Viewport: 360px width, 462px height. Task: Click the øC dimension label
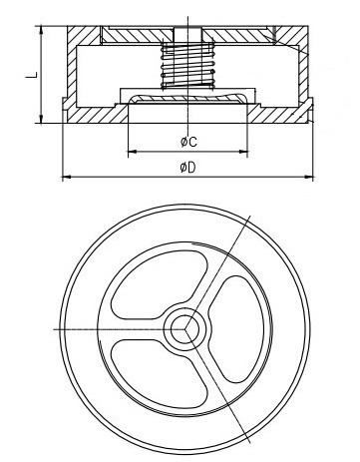point(188,142)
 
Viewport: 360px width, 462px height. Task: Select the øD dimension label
point(188,168)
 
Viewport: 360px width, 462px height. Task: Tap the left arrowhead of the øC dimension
point(133,152)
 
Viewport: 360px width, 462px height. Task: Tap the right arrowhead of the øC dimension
point(243,152)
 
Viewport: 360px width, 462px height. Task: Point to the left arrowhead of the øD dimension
point(67,177)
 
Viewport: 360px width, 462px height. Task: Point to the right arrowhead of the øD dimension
point(309,177)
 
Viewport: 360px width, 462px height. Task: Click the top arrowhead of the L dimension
point(41,30)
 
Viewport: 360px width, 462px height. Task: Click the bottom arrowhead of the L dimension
point(41,119)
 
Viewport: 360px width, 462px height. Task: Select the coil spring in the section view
point(187,65)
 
